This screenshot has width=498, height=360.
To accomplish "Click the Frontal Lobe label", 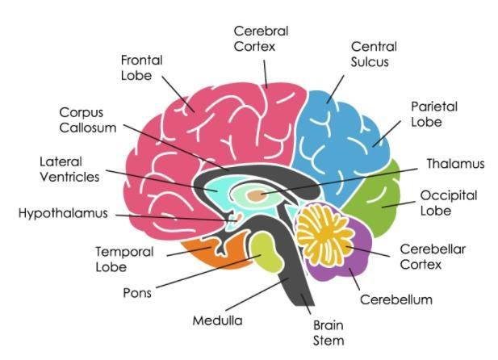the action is coord(141,68).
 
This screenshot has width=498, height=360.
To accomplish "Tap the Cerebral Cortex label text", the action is coord(261,39).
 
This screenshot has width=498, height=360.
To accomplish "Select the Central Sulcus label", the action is coord(374,54).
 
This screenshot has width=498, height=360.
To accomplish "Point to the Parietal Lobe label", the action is coord(434,114).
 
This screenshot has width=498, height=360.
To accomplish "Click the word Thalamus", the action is coord(455,164).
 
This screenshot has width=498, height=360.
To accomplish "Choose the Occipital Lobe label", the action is coord(449,203).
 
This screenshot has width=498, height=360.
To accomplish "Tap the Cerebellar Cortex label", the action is coord(433,257).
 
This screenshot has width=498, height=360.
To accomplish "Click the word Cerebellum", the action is coord(396,299).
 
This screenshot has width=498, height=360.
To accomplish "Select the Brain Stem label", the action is coord(329,333).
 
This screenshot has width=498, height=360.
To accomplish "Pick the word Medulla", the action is coord(218,320).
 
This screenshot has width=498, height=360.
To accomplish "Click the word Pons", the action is coord(137,293).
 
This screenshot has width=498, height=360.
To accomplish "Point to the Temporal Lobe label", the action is coord(124,259).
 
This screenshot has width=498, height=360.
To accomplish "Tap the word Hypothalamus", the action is coord(63,213).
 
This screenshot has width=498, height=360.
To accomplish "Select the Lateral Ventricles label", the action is coord(69,169).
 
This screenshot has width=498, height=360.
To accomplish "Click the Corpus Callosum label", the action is coord(88,120).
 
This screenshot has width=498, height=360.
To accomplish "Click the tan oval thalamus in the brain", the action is coord(257,195).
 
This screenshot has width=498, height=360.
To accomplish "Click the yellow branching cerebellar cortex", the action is coord(324,235).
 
